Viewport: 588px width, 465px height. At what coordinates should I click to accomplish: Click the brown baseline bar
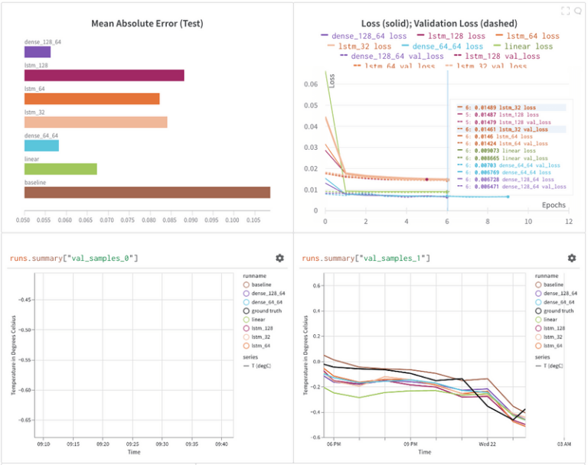coord(147,192)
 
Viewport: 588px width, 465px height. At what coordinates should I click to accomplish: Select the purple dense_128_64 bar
coord(38,52)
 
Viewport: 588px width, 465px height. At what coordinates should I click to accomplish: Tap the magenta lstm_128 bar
coord(104,76)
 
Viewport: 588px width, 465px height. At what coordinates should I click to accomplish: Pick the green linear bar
coord(60,168)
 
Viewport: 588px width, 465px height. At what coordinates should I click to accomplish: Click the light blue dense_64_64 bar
coord(41,145)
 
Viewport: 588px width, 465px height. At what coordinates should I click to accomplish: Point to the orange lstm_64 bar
coord(92,99)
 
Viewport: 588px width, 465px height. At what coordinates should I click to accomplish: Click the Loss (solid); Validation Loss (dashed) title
coord(439,24)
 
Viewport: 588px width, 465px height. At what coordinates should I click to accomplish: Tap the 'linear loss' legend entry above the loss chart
coord(528,47)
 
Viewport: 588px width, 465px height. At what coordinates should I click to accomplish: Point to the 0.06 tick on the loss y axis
coord(312,84)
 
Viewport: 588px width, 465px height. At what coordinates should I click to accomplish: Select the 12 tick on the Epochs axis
coord(568,221)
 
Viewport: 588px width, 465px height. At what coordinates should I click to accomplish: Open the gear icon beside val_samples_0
coord(279,259)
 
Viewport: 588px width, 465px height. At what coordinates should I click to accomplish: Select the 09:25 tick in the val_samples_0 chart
coord(132,443)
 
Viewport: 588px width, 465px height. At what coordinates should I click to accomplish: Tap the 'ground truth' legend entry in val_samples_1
coord(557,311)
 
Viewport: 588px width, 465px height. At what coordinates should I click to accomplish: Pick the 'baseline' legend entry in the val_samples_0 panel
coord(261,285)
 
